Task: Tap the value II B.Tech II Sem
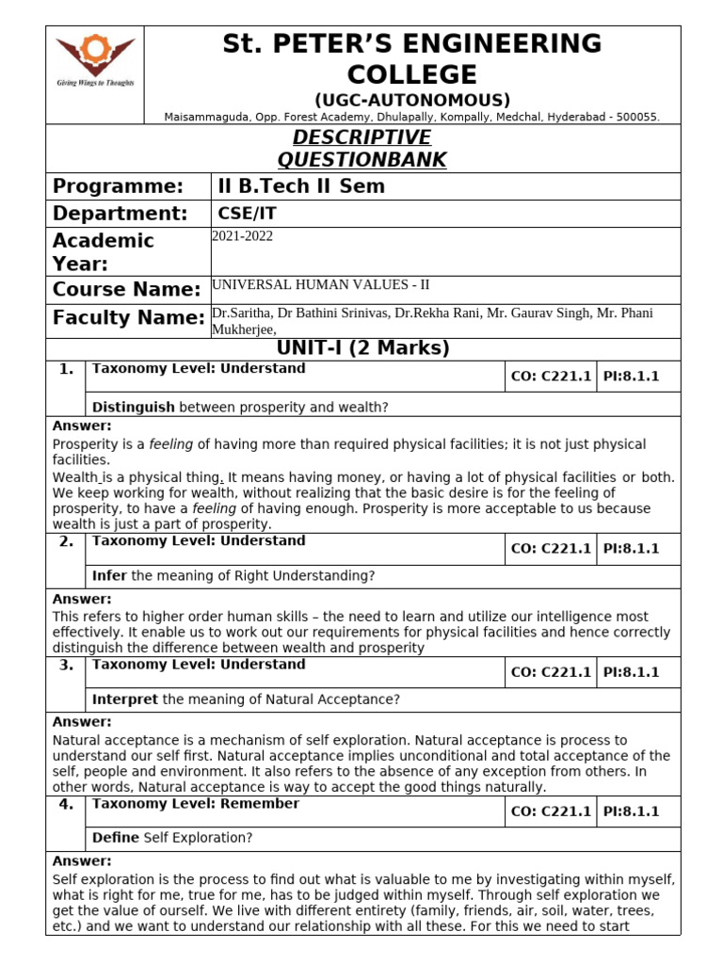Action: click(301, 186)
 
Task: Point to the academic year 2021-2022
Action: click(243, 236)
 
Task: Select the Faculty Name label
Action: click(128, 318)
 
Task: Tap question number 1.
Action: click(66, 369)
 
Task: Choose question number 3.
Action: click(66, 665)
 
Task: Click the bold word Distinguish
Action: click(133, 407)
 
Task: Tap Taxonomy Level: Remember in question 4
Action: click(196, 804)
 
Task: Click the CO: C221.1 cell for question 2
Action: click(551, 549)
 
